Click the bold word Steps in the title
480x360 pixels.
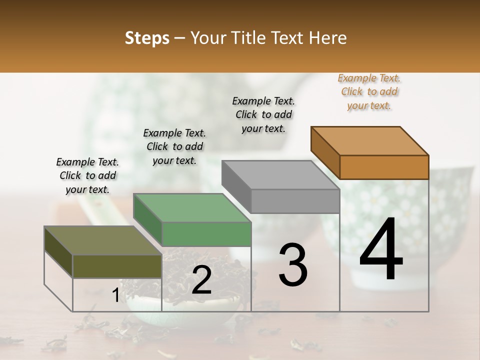coord(147,38)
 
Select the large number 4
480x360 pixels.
coord(381,250)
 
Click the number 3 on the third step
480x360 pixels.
coord(293,264)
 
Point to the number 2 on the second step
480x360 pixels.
coord(201,280)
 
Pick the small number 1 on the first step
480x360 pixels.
coord(115,295)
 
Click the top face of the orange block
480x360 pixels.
coord(369,140)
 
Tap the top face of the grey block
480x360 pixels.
coord(280,174)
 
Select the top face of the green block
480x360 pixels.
coord(192,207)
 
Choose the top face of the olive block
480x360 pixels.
coord(102,240)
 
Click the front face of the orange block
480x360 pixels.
coord(384,167)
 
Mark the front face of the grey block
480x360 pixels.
coord(295,201)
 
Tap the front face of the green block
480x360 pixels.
coord(206,234)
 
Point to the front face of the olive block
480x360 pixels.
coord(117,266)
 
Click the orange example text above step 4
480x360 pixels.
coord(369,92)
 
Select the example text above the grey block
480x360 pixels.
coord(263,115)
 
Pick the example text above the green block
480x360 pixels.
coord(174,147)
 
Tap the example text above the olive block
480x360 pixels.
coord(87,176)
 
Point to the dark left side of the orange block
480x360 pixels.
coord(325,152)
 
